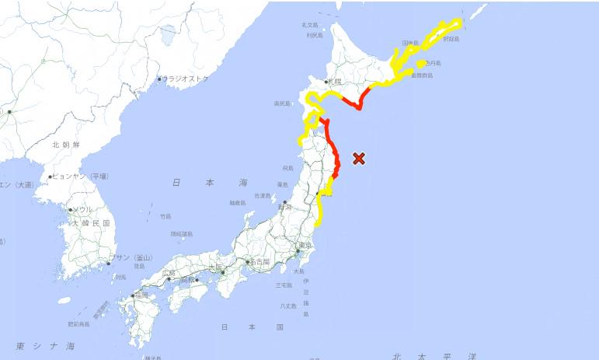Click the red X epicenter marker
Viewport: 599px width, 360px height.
[x=359, y=159]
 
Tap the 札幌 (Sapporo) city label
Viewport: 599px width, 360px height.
[x=335, y=81]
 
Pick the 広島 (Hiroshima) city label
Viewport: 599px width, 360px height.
[x=169, y=273]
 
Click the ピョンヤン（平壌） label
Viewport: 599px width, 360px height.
[x=80, y=177]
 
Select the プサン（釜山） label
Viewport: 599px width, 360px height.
[x=131, y=257]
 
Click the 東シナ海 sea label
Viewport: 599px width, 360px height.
[x=45, y=345]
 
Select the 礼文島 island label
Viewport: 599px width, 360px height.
[x=311, y=25]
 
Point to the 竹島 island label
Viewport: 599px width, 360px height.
[x=165, y=216]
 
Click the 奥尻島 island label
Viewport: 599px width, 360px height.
[x=282, y=103]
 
